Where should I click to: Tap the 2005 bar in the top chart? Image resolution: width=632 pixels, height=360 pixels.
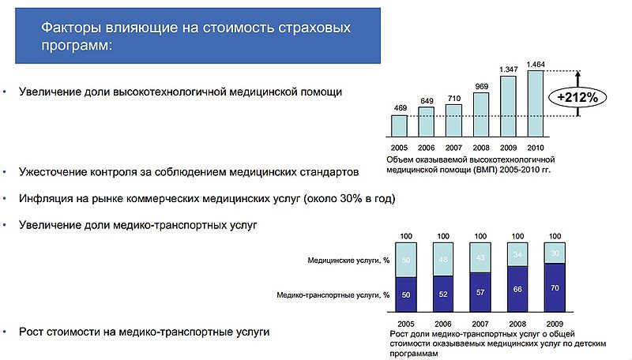(400, 126)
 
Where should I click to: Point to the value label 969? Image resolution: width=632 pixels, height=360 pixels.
(481, 85)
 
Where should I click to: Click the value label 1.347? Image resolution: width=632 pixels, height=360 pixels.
(508, 69)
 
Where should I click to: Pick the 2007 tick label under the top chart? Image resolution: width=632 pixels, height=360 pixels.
(454, 148)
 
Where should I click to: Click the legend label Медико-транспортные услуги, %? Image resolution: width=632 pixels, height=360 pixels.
(333, 295)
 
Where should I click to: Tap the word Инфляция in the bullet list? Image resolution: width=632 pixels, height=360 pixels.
(46, 198)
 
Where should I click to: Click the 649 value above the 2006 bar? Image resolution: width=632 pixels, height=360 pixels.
(427, 100)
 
